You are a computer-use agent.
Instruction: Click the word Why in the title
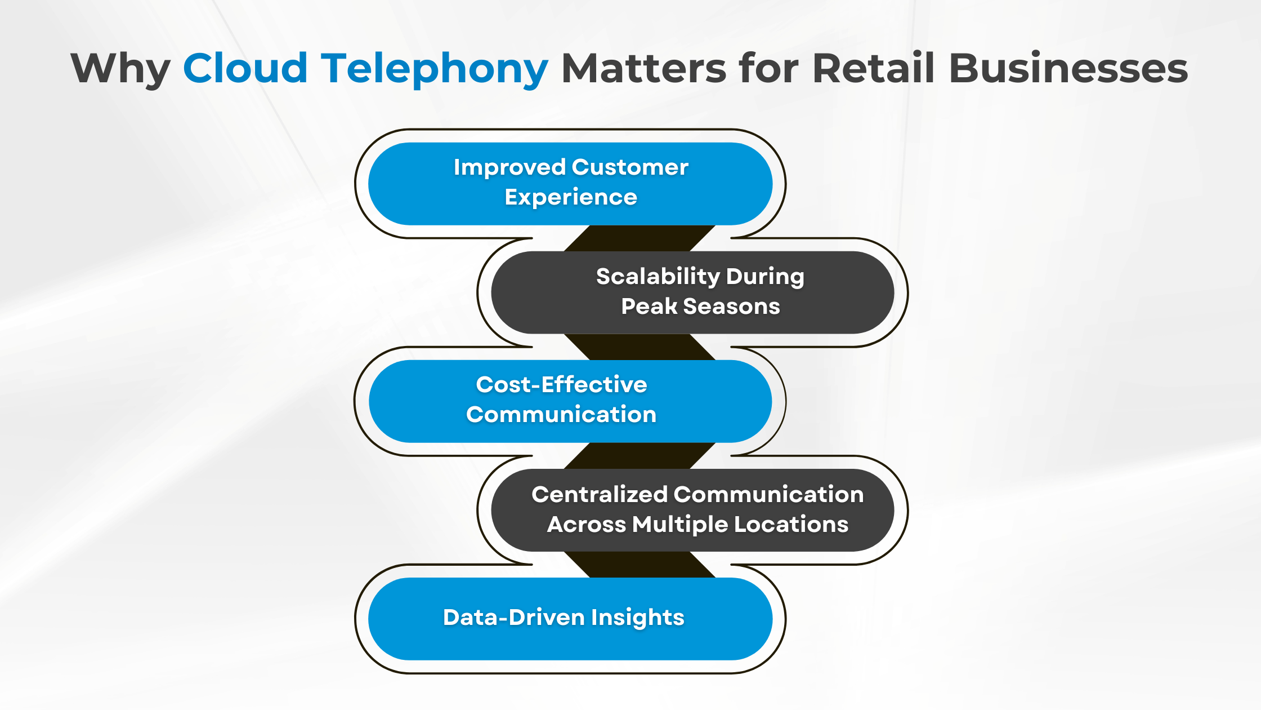pyautogui.click(x=120, y=69)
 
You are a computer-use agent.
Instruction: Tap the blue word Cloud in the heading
pyautogui.click(x=245, y=69)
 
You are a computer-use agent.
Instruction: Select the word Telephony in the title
pyautogui.click(x=434, y=69)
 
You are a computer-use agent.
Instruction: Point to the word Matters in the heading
pyautogui.click(x=644, y=69)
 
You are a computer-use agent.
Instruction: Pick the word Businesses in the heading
pyautogui.click(x=1068, y=69)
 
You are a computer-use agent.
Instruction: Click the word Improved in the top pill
pyautogui.click(x=509, y=167)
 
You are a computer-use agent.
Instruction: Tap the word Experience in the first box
pyautogui.click(x=571, y=197)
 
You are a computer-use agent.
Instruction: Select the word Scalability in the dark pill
pyautogui.click(x=658, y=277)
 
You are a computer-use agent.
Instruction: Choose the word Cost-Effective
pyautogui.click(x=561, y=385)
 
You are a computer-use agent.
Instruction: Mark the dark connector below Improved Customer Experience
pyautogui.click(x=639, y=238)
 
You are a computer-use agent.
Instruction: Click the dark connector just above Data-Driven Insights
pyautogui.click(x=639, y=565)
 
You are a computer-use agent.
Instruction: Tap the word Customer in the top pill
pyautogui.click(x=630, y=167)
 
